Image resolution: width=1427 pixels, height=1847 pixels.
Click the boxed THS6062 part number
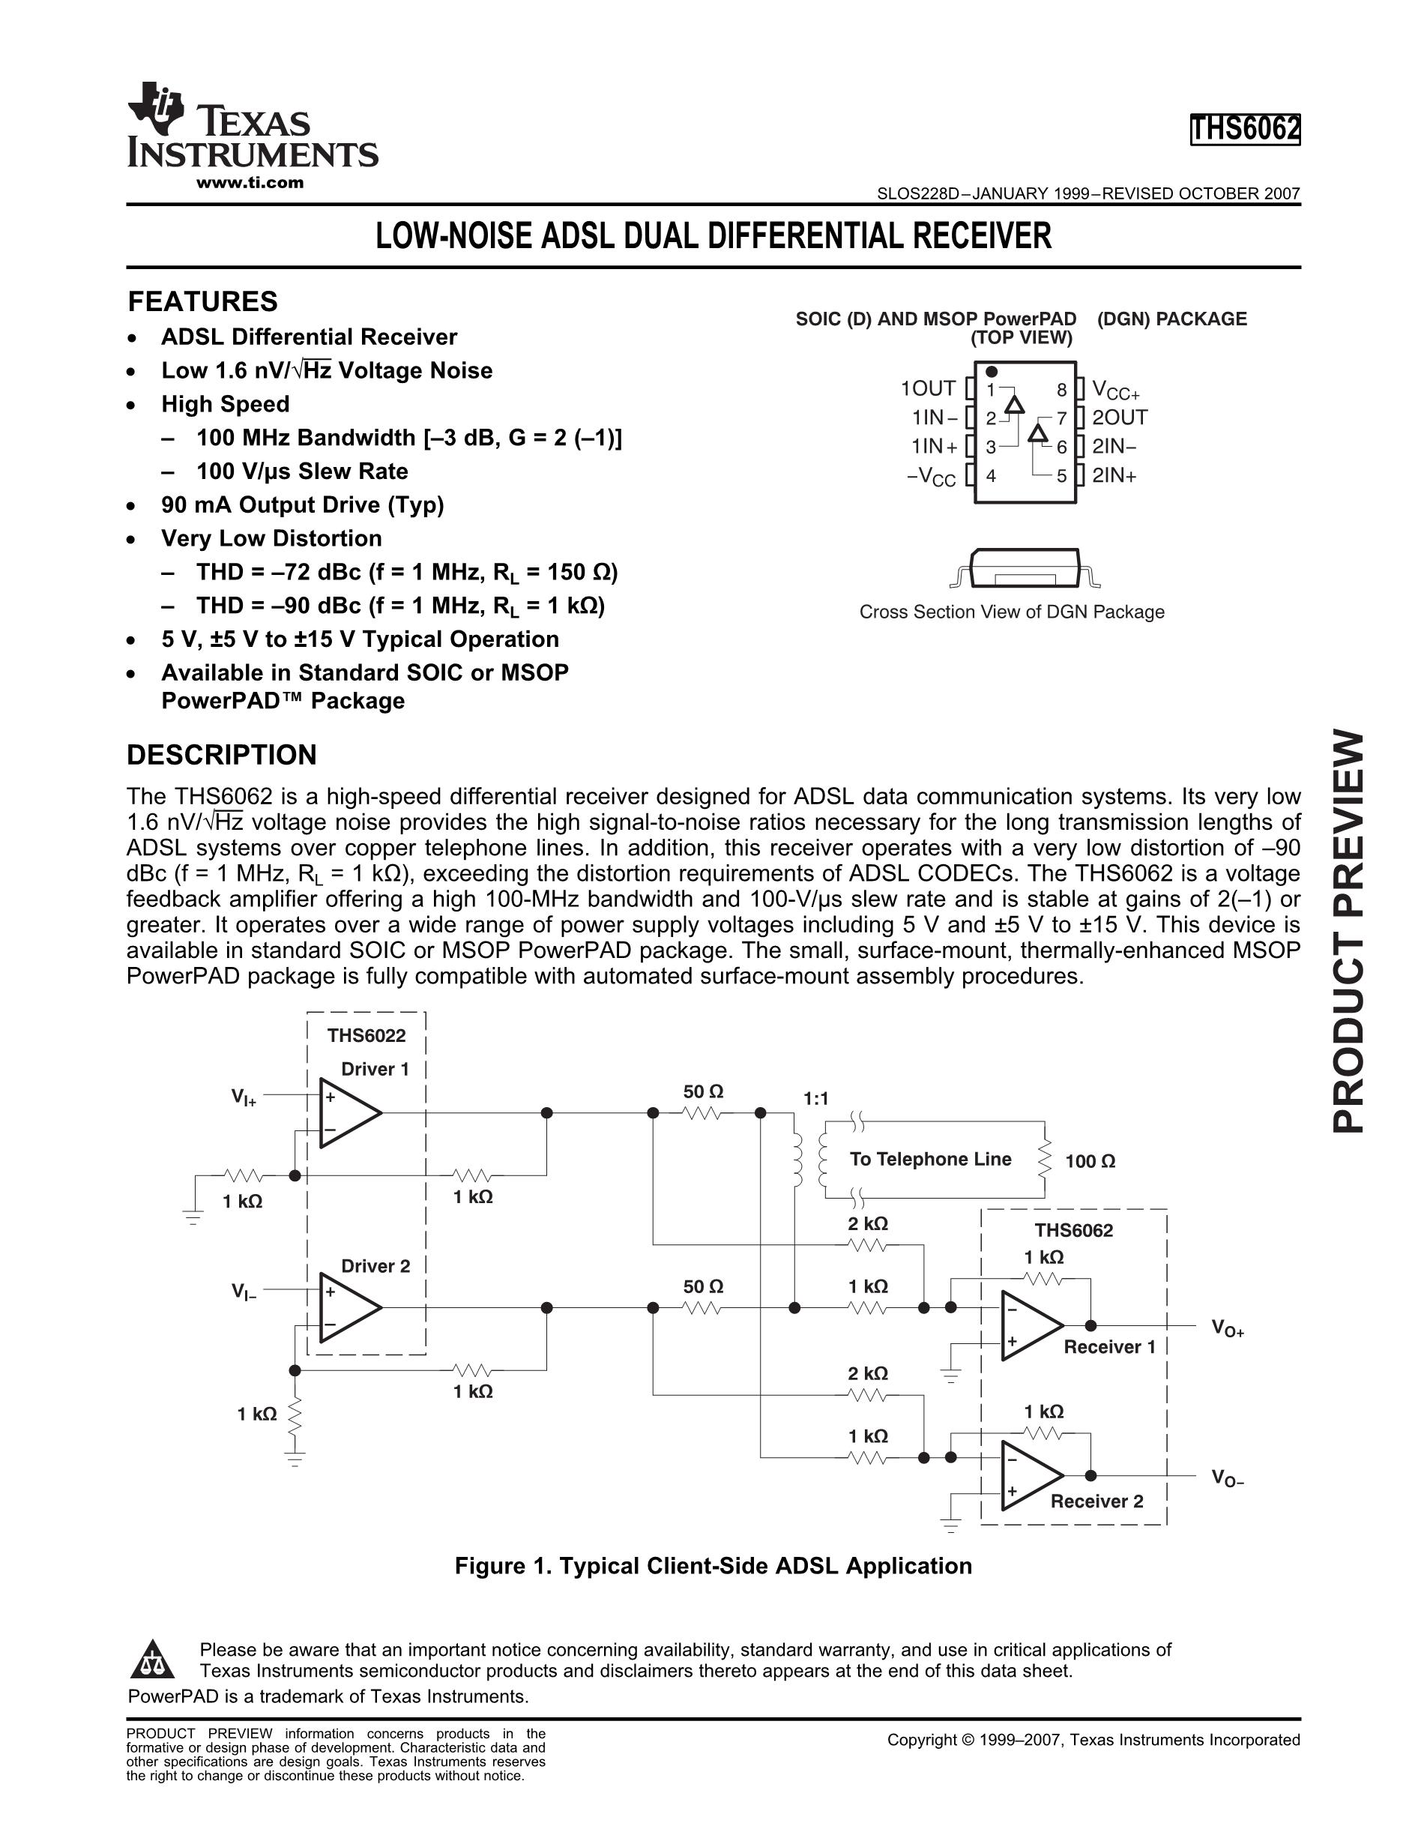pos(1244,130)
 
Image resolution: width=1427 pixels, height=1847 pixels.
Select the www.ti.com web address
pos(250,183)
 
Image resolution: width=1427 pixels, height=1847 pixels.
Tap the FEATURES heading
pos(202,302)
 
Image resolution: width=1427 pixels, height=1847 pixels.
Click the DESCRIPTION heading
pos(222,754)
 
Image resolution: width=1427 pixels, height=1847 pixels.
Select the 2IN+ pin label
pos(1114,475)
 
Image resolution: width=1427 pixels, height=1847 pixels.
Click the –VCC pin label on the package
pos(932,477)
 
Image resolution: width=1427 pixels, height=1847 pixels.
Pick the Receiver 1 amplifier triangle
pos(1029,1325)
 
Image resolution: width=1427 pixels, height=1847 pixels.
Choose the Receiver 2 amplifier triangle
pos(1029,1476)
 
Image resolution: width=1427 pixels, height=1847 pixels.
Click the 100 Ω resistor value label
pos(1090,1162)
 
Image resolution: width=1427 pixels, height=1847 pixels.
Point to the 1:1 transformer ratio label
pos(815,1099)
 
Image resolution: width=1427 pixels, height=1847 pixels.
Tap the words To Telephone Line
pos(930,1160)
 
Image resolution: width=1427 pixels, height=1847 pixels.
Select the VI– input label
pos(244,1292)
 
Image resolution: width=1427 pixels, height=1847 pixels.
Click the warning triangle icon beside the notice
pos(152,1660)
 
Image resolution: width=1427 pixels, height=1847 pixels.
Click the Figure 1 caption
pos(713,1566)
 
